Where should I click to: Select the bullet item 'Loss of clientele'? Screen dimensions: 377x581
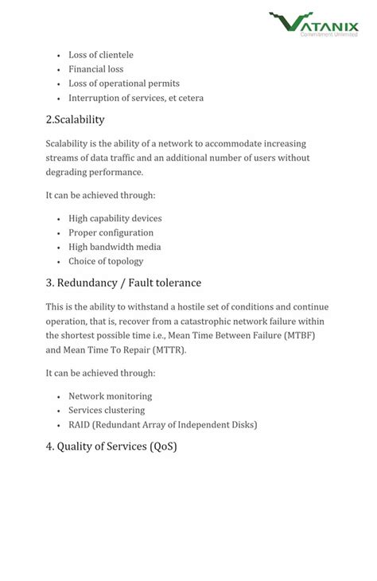(101, 55)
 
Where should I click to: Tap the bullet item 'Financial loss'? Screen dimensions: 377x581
(95, 69)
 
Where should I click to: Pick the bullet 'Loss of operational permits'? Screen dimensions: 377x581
(124, 84)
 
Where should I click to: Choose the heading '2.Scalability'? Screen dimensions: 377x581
(75, 120)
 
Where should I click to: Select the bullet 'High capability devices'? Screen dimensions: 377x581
(115, 218)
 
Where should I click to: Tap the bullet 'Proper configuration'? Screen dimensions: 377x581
(111, 232)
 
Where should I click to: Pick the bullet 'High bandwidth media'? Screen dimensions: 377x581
(115, 247)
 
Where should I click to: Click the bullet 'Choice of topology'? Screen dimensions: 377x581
(106, 261)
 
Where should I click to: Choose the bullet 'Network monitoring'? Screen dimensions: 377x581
(110, 396)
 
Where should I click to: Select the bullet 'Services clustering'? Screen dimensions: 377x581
(107, 410)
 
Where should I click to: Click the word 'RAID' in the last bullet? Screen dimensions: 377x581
(79, 424)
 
